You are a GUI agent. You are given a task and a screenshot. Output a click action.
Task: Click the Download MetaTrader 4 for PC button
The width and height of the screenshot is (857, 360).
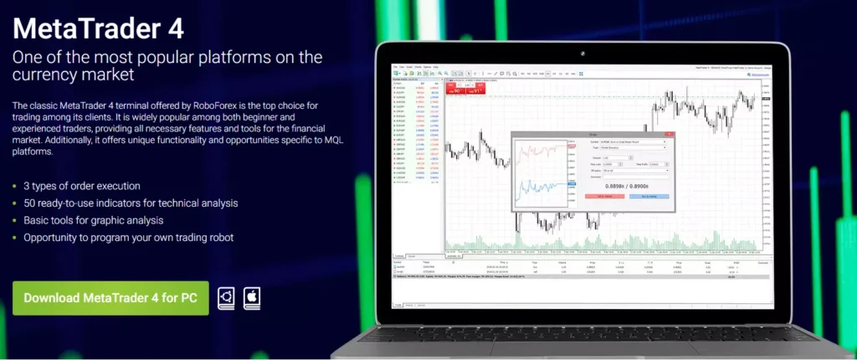(110, 297)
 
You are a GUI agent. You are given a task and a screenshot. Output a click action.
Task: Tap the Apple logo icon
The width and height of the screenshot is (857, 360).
(251, 297)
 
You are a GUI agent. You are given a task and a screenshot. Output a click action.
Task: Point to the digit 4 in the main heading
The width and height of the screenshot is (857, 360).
(173, 28)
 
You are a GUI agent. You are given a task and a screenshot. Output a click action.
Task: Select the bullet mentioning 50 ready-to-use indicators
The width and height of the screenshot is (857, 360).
(131, 203)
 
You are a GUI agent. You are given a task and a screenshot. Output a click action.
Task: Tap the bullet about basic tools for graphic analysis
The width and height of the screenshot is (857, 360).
(93, 220)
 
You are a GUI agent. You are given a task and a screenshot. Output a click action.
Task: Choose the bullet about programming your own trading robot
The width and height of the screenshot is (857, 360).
(128, 238)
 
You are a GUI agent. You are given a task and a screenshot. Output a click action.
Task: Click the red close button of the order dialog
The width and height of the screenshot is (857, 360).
(670, 132)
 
